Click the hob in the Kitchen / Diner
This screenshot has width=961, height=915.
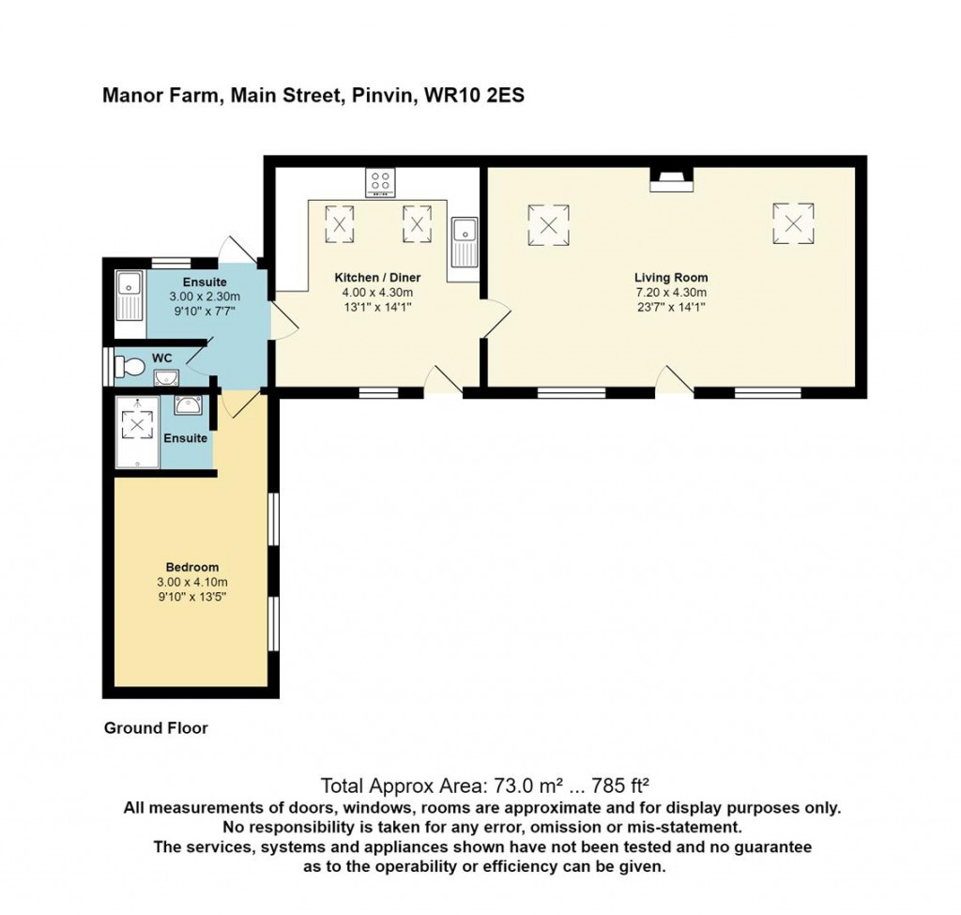pyautogui.click(x=380, y=182)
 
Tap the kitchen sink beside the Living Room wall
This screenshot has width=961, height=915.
pyautogui.click(x=465, y=243)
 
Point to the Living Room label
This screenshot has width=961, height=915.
pyautogui.click(x=671, y=278)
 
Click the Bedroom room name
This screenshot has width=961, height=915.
pyautogui.click(x=191, y=567)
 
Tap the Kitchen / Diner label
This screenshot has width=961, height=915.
pyautogui.click(x=377, y=278)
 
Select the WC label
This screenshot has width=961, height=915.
pyautogui.click(x=161, y=358)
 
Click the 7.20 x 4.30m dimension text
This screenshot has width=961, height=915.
pyautogui.click(x=671, y=293)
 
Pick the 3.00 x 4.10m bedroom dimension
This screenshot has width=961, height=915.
pyautogui.click(x=191, y=582)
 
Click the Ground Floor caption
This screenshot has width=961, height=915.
pyautogui.click(x=156, y=728)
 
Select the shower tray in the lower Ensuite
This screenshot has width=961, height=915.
pyautogui.click(x=137, y=432)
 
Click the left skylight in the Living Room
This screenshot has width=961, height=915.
pyautogui.click(x=548, y=225)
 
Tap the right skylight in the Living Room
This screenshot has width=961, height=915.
pyautogui.click(x=793, y=223)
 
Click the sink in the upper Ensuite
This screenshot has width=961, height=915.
pyautogui.click(x=129, y=296)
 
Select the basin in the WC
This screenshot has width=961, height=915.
pyautogui.click(x=166, y=377)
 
